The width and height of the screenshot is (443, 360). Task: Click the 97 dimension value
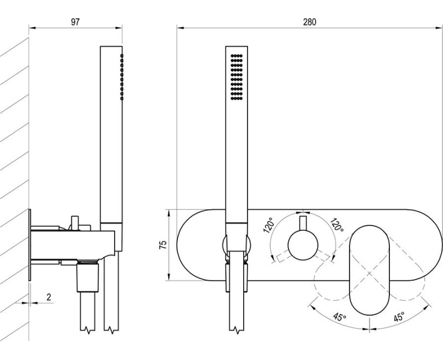76,22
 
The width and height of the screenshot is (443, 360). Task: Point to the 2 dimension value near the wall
49,297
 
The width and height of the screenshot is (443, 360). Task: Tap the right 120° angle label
336,226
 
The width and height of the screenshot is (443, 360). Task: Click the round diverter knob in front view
302,245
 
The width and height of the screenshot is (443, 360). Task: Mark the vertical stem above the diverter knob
302,224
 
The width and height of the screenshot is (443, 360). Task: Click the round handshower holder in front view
236,245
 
